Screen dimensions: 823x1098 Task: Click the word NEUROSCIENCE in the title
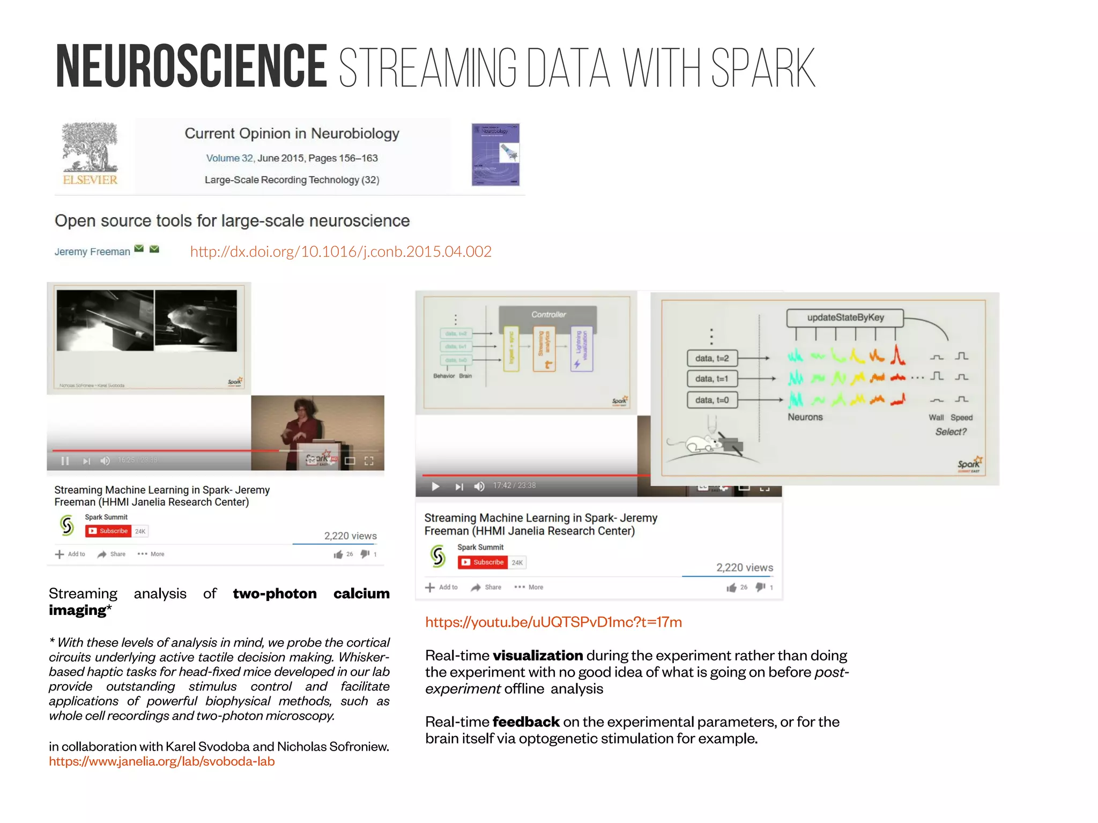tap(191, 66)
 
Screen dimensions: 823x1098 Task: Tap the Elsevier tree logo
tap(90, 149)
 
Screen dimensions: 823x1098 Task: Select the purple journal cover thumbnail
tap(495, 154)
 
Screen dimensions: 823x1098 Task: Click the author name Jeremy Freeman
tap(92, 251)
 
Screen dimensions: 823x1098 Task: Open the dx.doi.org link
tap(340, 251)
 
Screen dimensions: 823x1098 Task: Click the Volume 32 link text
tap(229, 158)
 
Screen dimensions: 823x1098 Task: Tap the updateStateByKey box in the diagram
tap(845, 317)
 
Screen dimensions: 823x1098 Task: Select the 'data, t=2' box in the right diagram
tap(712, 358)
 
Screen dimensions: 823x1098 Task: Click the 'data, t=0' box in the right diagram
tap(712, 400)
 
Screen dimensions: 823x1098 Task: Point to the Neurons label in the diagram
tap(805, 417)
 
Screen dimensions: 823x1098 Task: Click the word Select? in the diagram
tap(951, 432)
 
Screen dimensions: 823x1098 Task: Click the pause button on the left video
tap(65, 461)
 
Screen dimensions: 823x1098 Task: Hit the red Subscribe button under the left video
tap(108, 531)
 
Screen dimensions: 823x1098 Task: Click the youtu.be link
tap(553, 622)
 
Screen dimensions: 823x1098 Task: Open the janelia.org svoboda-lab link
tap(161, 761)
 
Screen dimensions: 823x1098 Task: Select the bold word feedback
tap(526, 722)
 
